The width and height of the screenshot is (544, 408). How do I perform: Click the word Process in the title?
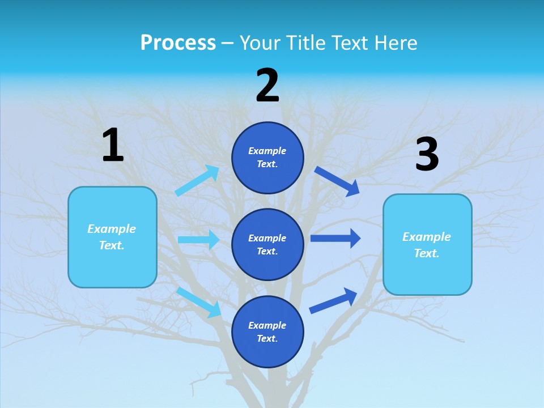pos(178,42)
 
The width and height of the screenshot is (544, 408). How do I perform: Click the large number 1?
pos(113,145)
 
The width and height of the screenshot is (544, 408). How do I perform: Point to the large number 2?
pos(267,86)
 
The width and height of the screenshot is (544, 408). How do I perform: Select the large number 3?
pos(427,155)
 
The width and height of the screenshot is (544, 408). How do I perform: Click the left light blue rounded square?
pos(112,237)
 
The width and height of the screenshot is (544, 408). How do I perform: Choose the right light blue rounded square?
pos(427,244)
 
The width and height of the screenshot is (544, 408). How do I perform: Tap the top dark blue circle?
pos(267,158)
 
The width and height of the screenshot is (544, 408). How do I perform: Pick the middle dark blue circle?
pos(267,244)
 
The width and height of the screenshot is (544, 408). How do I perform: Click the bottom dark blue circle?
pos(267,331)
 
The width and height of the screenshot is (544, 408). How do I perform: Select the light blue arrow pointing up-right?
pos(197,180)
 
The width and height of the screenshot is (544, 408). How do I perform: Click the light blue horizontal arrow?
pos(198,240)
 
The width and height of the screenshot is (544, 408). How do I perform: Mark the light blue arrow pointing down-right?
pos(199,301)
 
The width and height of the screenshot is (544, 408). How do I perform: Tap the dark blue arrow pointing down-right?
pos(337,181)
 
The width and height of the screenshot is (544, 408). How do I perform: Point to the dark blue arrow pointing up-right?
pos(333,300)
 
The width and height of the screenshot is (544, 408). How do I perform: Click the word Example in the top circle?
pos(267,151)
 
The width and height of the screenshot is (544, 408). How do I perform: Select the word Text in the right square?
pos(427,253)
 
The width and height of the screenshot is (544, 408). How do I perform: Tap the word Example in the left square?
pos(112,229)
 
